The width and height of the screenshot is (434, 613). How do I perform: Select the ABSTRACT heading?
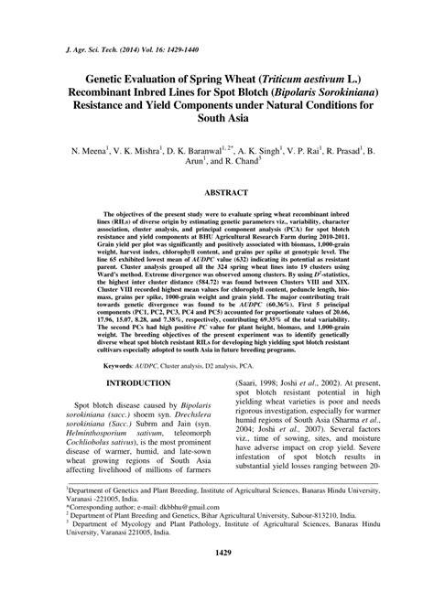217,194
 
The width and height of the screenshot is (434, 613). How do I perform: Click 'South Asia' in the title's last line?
217,134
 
